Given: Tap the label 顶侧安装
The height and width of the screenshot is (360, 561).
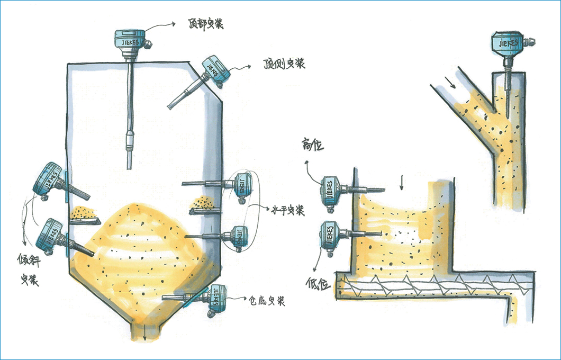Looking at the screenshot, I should (x=284, y=64).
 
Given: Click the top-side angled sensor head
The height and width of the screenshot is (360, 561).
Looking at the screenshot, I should (x=213, y=68).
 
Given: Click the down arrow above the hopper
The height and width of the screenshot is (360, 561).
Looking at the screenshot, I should (x=401, y=183).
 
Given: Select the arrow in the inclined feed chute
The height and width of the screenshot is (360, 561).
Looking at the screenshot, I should (x=449, y=82).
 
